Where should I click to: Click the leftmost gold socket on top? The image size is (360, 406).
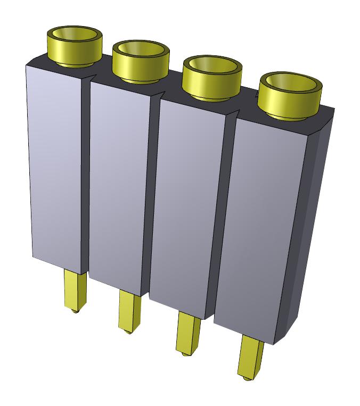click(x=75, y=45)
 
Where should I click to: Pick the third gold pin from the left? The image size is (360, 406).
click(x=187, y=333)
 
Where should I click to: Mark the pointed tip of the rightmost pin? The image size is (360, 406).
click(x=246, y=378)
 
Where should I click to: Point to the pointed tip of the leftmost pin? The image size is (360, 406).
click(x=75, y=310)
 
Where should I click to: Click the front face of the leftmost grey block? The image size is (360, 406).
click(x=56, y=165)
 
